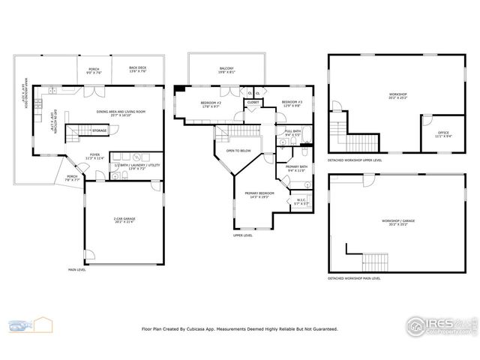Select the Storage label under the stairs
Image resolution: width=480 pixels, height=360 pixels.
99,130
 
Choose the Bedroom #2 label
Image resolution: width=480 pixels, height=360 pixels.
210,103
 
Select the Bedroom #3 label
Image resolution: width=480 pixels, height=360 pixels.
292,103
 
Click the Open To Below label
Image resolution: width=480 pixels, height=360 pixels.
238,151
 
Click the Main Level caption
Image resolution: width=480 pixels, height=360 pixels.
77,268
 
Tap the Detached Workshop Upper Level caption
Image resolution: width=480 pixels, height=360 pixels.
355,160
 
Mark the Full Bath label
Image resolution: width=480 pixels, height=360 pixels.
292,132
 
